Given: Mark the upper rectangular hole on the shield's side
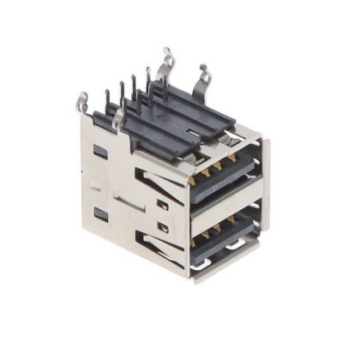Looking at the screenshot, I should click(x=100, y=152).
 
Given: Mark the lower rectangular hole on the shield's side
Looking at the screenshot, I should click(x=100, y=212).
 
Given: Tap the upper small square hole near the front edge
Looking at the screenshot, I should click(x=162, y=205).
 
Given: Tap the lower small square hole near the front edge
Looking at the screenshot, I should click(x=162, y=227).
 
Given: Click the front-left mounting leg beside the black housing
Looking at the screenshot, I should click(x=119, y=112).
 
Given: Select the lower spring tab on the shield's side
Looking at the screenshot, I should click(x=155, y=249).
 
